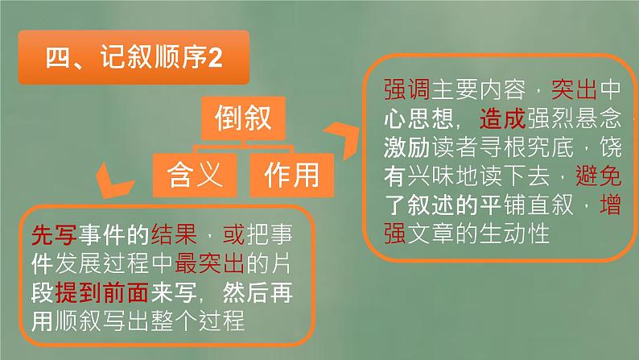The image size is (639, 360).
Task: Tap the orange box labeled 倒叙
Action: (x=242, y=120)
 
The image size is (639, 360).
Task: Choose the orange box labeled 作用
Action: (x=291, y=174)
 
